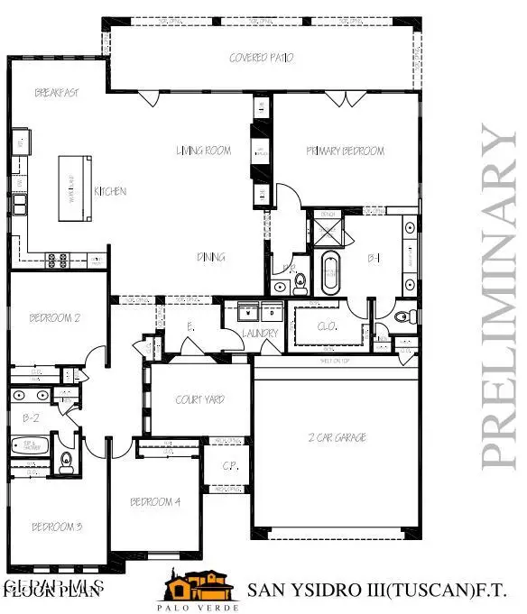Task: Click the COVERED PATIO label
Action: tap(261, 58)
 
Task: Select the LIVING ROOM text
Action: tap(203, 151)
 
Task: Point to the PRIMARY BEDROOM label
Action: tap(345, 151)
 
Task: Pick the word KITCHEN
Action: tap(110, 191)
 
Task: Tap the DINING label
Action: tap(211, 258)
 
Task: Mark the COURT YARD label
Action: tap(200, 399)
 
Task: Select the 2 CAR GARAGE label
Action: tap(337, 437)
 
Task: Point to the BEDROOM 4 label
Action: tap(155, 502)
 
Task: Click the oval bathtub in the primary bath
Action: tap(331, 273)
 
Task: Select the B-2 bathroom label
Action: tap(32, 417)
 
